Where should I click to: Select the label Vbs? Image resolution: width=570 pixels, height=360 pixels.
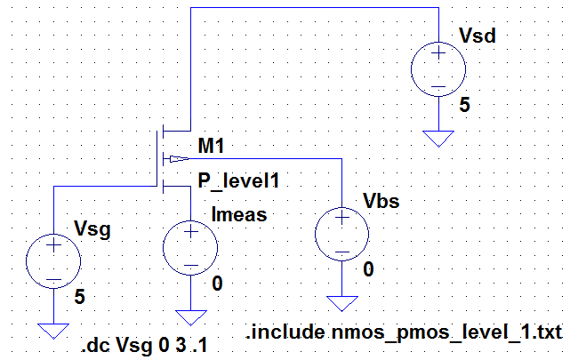click(381, 201)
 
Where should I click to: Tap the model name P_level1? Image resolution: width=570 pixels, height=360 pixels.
click(240, 182)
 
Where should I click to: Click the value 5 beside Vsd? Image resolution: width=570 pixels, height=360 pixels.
click(464, 106)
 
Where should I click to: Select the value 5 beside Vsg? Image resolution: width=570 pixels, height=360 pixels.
click(80, 300)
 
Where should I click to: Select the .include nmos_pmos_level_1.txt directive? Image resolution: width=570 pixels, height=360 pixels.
click(405, 332)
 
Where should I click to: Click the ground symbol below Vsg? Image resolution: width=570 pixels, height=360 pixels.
click(54, 331)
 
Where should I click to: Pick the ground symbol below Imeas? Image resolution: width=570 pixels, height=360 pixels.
click(189, 316)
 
